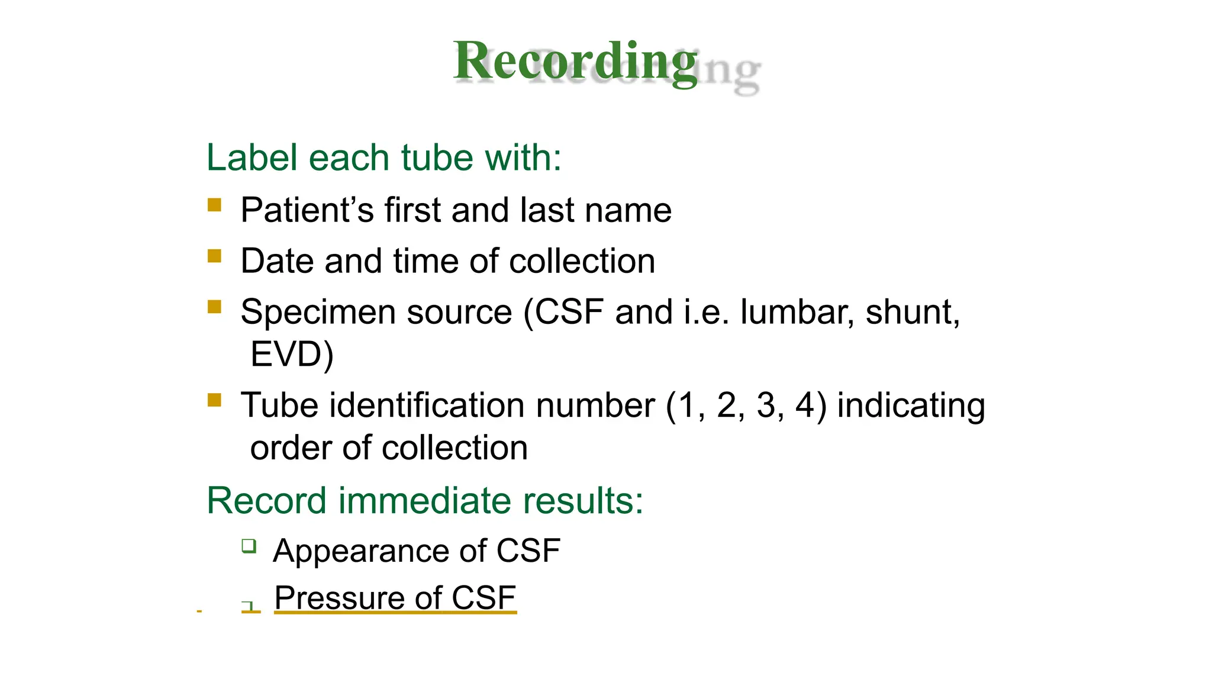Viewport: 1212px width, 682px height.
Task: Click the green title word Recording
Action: [575, 62]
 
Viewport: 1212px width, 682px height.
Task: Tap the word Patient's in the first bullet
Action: [307, 210]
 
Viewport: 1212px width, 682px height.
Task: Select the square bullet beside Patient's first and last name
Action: [214, 205]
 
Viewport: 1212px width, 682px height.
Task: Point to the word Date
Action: [277, 261]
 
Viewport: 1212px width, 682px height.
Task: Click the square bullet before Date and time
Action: [214, 256]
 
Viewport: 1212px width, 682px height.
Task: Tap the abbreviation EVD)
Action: [292, 355]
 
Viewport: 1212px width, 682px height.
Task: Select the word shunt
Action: [912, 312]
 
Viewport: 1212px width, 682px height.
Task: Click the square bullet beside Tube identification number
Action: [214, 401]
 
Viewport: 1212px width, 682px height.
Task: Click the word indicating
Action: [911, 407]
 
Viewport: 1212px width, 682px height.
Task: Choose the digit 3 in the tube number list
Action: [766, 406]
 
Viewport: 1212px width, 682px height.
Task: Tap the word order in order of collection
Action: [290, 448]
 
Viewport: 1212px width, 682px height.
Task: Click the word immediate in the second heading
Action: [424, 501]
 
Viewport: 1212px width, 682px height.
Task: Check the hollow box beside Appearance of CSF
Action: [249, 546]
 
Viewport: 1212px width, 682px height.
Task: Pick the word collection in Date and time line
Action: [582, 261]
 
